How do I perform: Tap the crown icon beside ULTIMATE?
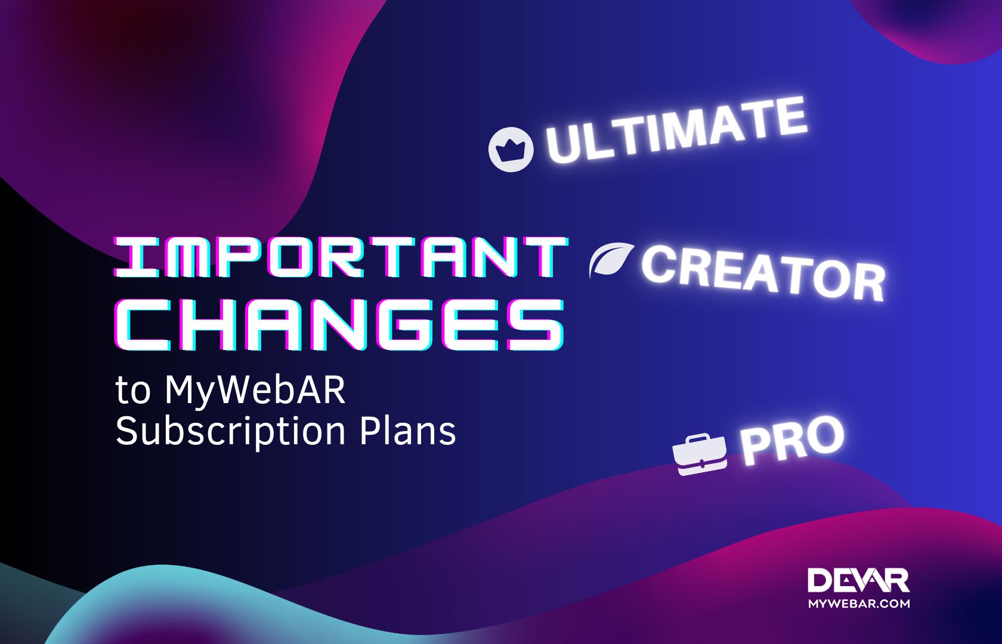[510, 149]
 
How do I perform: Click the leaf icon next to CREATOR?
[610, 259]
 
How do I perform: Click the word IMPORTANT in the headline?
[340, 258]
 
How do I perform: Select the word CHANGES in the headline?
[340, 325]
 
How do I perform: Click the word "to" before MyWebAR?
[132, 392]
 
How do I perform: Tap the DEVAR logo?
[858, 581]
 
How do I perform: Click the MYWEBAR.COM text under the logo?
[859, 603]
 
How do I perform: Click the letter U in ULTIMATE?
[562, 146]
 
